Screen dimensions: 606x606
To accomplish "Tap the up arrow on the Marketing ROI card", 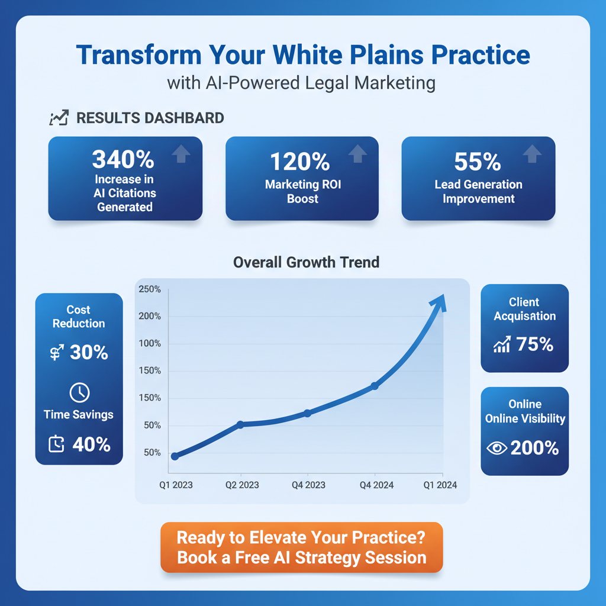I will [357, 154].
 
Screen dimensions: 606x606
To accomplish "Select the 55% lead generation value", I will [478, 162].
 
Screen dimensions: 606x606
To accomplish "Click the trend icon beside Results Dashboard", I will [59, 118].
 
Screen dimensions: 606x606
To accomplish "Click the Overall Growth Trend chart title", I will [306, 262].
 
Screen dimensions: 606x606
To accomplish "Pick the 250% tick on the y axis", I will [149, 289].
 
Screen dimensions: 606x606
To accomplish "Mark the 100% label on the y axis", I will [149, 343].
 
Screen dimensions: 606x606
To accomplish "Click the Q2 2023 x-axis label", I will [242, 485].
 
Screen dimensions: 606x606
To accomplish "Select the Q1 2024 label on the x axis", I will [440, 485].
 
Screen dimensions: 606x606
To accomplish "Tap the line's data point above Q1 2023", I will [175, 456].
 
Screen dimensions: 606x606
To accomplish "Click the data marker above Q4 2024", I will [375, 386].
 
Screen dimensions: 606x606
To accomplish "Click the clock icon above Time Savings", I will [79, 392].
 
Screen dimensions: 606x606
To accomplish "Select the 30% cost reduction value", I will [89, 353].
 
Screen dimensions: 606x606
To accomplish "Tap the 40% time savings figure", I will [91, 444].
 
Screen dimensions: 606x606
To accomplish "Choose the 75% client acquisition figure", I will [534, 344].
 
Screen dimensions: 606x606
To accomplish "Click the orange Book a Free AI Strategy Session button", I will [301, 547].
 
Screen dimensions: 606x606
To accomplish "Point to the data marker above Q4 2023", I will [307, 413].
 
